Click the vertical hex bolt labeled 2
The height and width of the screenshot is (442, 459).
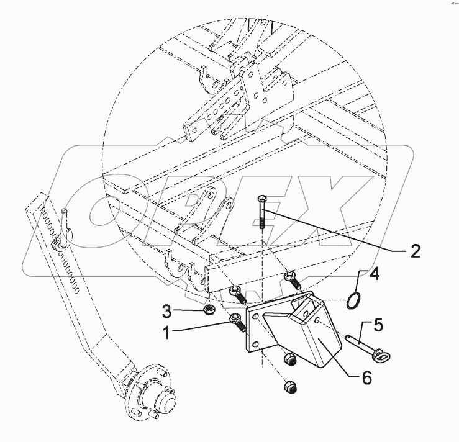click(262, 212)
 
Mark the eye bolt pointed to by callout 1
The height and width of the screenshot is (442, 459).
click(237, 321)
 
